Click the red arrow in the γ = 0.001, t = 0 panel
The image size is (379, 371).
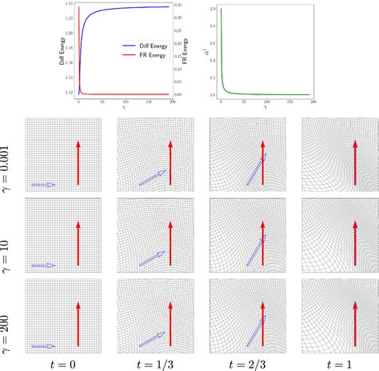78,164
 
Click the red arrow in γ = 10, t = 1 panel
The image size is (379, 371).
354,244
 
